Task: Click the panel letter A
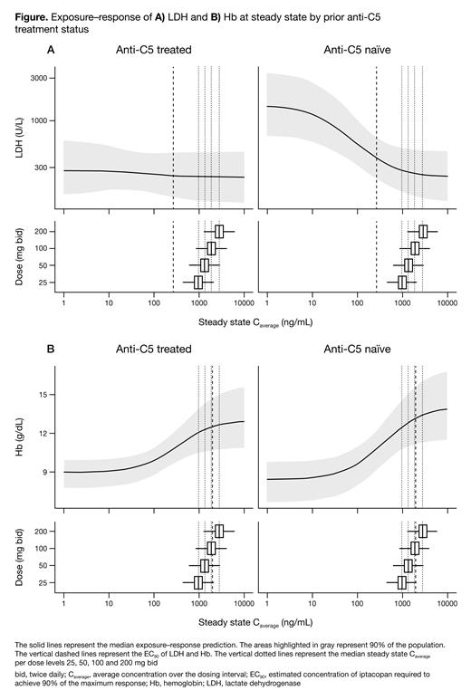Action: (52, 51)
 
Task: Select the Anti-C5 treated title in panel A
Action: (153, 51)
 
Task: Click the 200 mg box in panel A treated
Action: (219, 231)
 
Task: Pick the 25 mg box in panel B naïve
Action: (401, 581)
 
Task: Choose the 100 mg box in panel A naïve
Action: (415, 248)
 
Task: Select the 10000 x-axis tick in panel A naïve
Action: (447, 302)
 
